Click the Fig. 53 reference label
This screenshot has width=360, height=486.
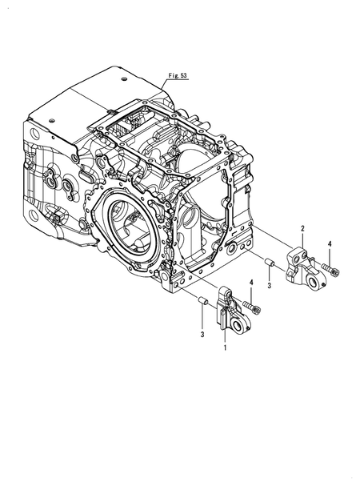(178, 75)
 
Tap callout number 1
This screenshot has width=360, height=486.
(226, 347)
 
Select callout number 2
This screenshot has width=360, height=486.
(302, 229)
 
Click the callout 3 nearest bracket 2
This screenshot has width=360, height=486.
(269, 286)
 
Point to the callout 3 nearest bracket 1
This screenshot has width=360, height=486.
(202, 335)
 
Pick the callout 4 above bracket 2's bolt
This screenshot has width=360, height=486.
(330, 244)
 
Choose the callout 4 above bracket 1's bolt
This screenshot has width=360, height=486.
(251, 282)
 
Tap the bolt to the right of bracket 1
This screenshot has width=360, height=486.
(251, 307)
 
